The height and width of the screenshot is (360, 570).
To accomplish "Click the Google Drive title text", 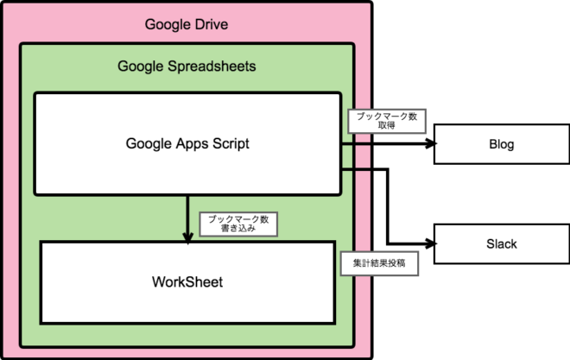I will point(187,23).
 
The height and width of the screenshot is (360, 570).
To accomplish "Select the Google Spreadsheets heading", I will point(187,66).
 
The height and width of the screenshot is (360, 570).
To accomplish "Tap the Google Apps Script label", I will point(187,143).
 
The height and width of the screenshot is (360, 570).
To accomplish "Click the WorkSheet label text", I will point(187,281).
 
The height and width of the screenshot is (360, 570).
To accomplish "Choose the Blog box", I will point(501,144).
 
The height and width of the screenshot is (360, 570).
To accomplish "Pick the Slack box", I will point(501,244).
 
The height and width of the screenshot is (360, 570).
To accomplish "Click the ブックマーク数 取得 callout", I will point(386,121).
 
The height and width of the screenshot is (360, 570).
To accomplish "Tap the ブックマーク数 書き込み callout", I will point(239,224).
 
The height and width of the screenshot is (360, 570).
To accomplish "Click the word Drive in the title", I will point(211,23).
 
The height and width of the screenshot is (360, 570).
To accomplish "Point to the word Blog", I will point(501,144).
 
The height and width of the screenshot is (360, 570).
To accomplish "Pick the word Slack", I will point(501,244).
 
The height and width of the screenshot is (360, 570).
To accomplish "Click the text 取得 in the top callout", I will point(386,126).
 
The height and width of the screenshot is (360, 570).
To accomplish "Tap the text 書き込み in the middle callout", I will point(239,230).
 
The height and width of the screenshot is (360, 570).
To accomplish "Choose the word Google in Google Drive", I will point(167,23).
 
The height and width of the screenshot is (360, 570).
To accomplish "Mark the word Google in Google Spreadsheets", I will point(138,66).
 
